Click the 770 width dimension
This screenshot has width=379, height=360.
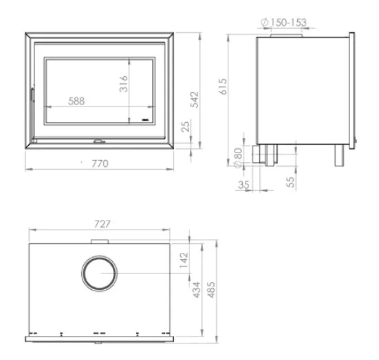[100, 164]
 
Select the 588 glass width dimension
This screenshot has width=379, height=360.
[76, 101]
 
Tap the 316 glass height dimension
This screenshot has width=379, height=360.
[124, 84]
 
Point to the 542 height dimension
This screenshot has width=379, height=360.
[195, 100]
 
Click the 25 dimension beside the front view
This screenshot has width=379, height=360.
[186, 126]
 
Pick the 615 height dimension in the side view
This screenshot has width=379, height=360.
[223, 87]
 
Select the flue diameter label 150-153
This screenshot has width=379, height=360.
[284, 23]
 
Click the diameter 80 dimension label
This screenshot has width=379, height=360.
[238, 157]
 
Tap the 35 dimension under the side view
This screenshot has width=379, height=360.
[243, 185]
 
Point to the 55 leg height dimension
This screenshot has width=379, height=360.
[290, 182]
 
